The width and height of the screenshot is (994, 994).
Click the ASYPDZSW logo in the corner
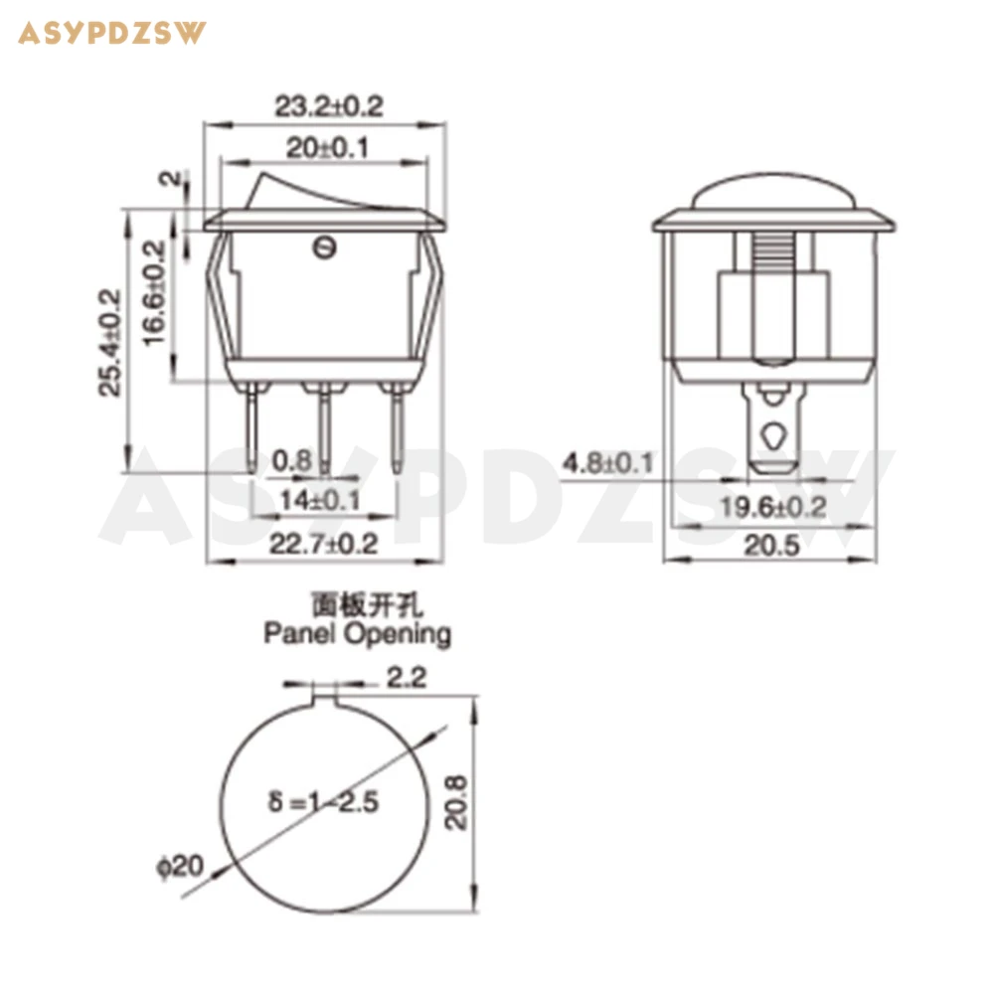112,33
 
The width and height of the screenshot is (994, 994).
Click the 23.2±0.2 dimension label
329,106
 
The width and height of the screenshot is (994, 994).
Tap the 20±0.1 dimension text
327,148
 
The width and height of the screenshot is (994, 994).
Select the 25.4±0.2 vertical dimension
109,342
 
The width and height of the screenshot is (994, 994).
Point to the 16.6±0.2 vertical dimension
154,292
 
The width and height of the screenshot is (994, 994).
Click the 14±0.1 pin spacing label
320,500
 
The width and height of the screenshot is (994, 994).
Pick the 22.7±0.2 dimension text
323,544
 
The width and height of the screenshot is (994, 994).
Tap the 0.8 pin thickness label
292,460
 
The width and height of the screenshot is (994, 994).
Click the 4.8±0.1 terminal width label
608,463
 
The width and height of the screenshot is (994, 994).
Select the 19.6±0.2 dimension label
773,507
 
